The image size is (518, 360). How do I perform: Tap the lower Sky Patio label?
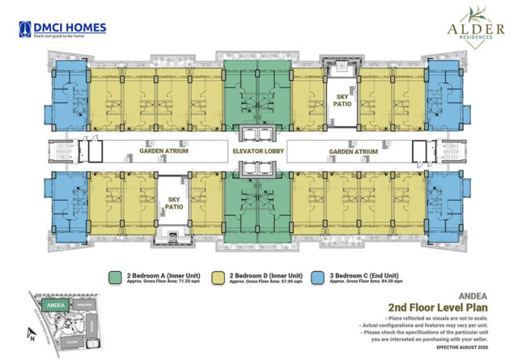click(x=174, y=201)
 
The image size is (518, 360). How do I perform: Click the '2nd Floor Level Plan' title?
click(x=432, y=307)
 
